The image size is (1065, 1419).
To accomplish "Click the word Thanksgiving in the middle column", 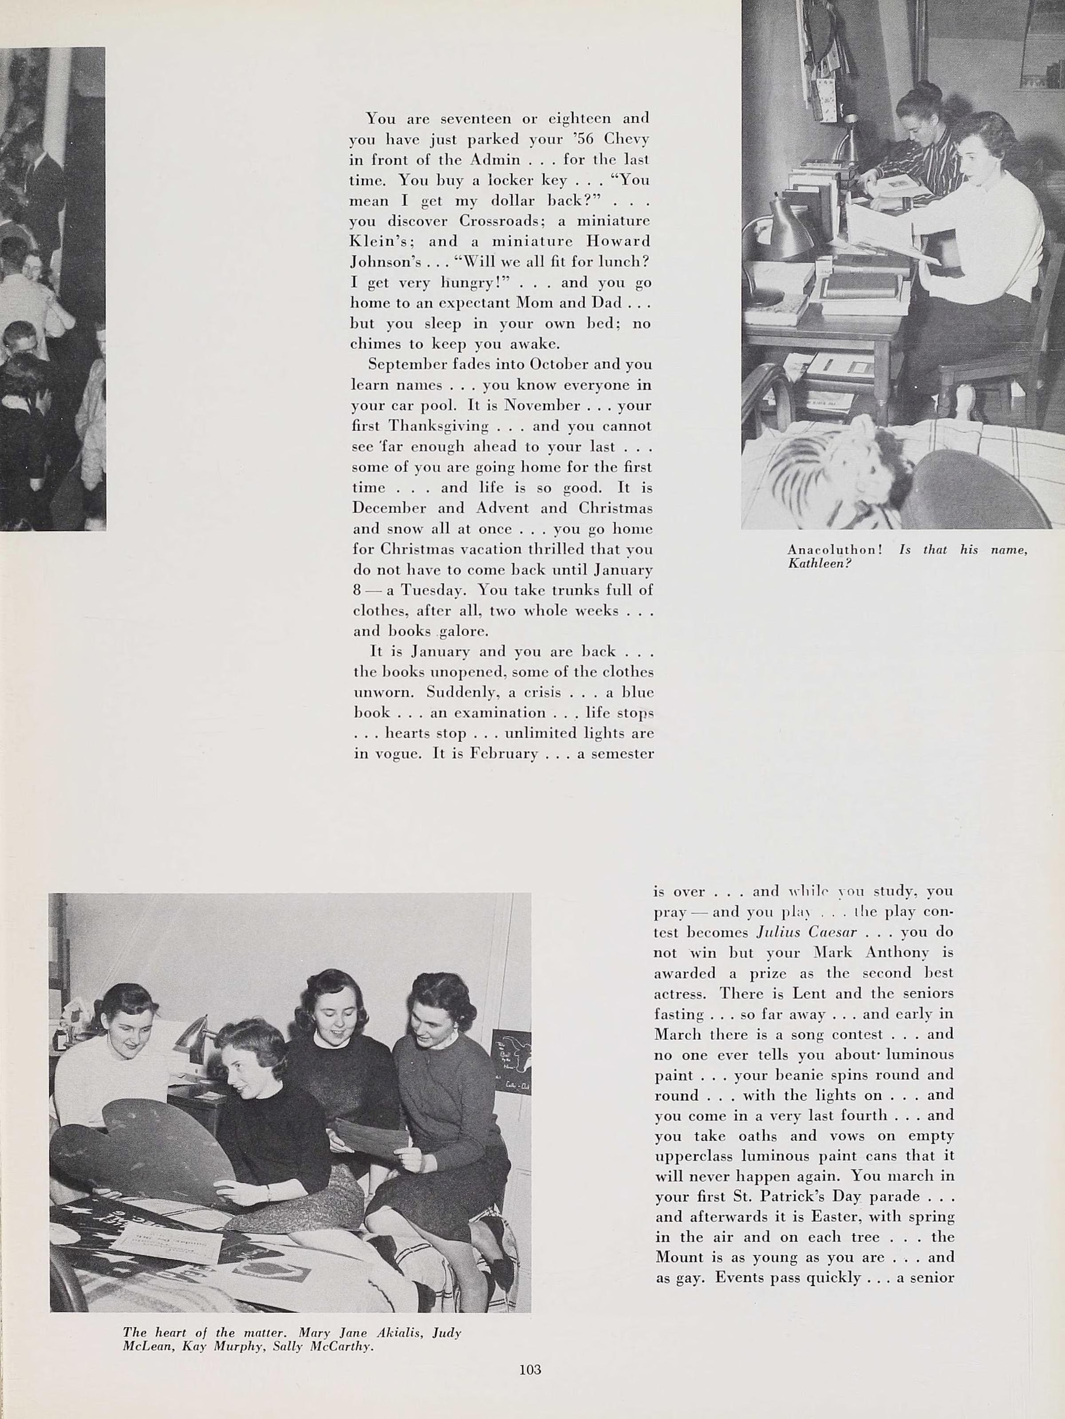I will pyautogui.click(x=439, y=426).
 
